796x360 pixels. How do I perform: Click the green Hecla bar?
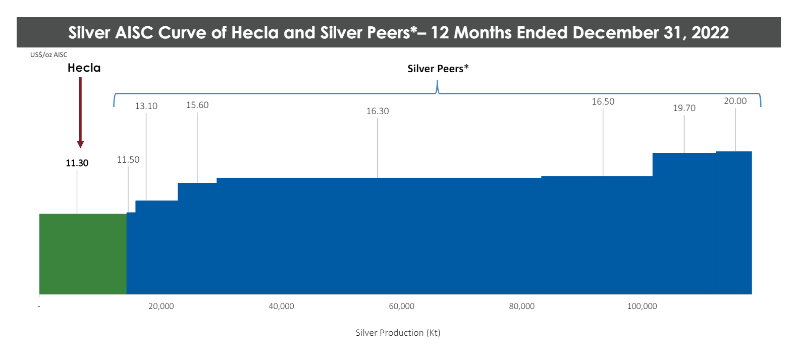pos(83,253)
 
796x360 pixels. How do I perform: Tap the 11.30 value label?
pos(77,163)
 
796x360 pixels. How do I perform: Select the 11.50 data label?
pos(128,160)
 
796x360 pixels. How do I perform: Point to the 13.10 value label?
pos(146,106)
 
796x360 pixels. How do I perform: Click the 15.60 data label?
pos(197,105)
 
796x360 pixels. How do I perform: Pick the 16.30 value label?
pos(378,111)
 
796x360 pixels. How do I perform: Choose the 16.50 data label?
pos(603,101)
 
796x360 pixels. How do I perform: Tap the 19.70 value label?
pos(684,108)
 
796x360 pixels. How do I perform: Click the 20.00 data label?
pos(735,101)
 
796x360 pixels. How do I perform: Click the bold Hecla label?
pos(84,68)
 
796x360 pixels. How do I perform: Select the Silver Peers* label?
pos(438,69)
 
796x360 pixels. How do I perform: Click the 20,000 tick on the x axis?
pos(161,306)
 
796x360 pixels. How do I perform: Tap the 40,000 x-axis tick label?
pos(281,306)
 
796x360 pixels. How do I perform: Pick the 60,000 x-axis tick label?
pos(401,306)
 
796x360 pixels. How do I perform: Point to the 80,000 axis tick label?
pos(521,306)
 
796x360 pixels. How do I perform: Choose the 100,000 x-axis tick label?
pos(642,306)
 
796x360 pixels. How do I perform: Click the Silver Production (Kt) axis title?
pos(398,333)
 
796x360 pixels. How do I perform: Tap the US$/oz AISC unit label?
pos(48,55)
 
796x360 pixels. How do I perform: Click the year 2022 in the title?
pos(710,33)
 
